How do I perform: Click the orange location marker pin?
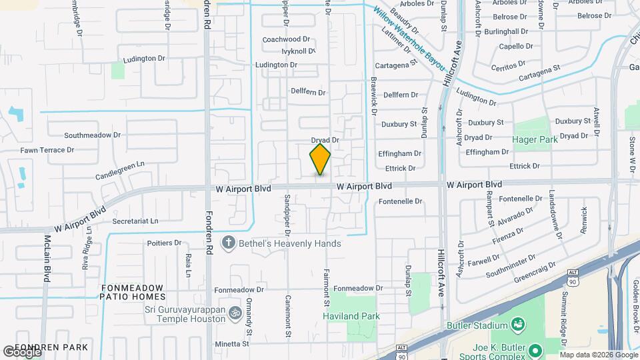pos(321,159)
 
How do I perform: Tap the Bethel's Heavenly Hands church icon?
pos(229,243)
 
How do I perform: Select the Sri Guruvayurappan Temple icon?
pos(235,313)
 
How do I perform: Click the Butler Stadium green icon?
pos(517,325)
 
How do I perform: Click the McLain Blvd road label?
pos(47,258)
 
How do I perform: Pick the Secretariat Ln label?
pos(135,221)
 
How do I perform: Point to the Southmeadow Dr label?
pos(92,134)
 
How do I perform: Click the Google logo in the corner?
pos(22,351)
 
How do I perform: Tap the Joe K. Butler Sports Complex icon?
pos(534,349)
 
